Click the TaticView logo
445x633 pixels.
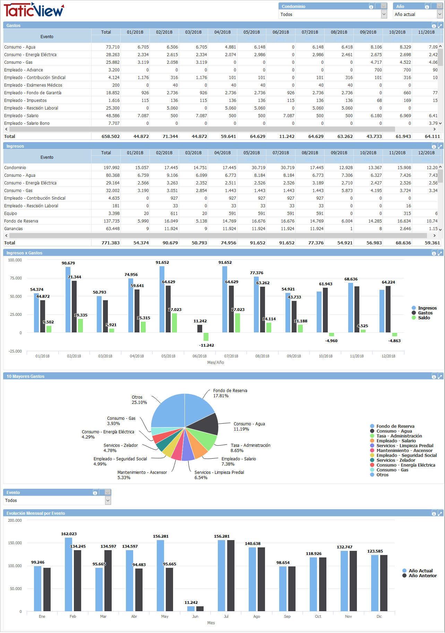[x=34, y=10]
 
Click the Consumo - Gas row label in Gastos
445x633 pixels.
[x=18, y=62]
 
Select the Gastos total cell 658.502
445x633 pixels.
[x=110, y=137]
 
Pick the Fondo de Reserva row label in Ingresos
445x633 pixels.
[x=21, y=221]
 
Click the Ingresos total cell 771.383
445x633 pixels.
[x=110, y=243]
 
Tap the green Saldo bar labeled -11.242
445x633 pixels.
[x=206, y=337]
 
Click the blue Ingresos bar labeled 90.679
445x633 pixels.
[x=68, y=300]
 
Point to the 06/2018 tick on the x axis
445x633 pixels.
[x=199, y=356]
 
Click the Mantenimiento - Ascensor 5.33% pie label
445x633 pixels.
[x=142, y=475]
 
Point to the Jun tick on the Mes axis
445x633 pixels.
[x=195, y=616]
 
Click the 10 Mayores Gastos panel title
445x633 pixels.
[x=26, y=376]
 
